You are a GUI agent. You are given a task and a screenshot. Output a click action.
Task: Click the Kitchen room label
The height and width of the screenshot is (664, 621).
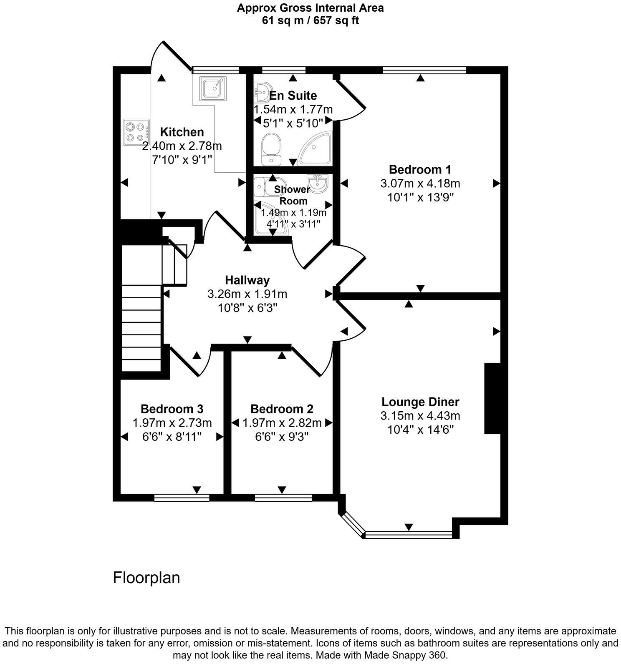point(182,132)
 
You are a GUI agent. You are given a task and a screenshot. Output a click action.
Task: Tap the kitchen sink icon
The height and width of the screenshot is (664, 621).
point(213,88)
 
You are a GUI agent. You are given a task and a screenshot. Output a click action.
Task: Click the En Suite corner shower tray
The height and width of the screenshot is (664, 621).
point(318,148)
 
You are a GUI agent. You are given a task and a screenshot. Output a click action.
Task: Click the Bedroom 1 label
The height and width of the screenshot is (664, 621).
point(420,169)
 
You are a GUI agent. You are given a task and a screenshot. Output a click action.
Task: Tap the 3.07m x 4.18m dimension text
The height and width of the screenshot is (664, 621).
point(420,184)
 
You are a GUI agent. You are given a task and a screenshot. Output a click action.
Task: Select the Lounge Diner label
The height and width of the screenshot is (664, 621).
point(420,402)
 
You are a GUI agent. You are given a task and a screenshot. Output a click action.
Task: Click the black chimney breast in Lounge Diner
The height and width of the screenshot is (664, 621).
point(492,398)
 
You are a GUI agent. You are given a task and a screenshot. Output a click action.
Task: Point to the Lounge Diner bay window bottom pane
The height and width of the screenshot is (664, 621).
point(408,534)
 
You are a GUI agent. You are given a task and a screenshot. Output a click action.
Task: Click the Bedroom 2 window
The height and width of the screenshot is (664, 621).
point(283,497)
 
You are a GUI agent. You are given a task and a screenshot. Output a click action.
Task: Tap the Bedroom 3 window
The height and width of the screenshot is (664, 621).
point(182,497)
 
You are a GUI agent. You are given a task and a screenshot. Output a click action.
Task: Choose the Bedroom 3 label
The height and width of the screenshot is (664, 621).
point(172,409)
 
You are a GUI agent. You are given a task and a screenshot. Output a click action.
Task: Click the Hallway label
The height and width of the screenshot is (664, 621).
point(247,280)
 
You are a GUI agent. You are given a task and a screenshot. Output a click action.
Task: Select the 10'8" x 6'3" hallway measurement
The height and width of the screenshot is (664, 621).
point(247,308)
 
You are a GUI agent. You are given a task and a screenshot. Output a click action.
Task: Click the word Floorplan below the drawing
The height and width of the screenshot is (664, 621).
point(146,578)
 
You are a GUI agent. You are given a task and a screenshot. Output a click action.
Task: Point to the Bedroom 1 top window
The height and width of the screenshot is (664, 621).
point(424,70)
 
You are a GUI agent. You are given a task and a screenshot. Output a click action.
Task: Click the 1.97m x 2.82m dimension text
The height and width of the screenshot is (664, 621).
point(282,423)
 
